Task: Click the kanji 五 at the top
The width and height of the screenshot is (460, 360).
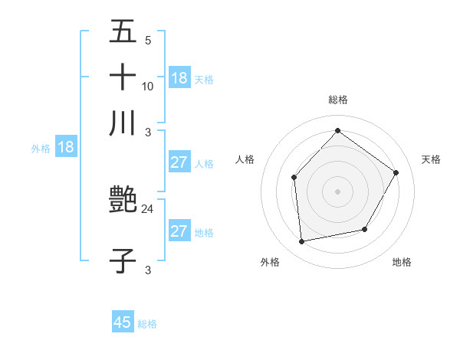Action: (x=123, y=33)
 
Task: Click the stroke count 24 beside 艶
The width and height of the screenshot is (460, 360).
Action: (x=148, y=208)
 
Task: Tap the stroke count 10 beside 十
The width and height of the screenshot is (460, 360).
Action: (x=148, y=86)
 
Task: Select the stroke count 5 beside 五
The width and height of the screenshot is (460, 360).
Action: (x=148, y=41)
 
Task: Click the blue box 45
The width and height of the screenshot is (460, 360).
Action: (x=123, y=322)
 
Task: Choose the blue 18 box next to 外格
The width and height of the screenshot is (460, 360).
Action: (x=66, y=147)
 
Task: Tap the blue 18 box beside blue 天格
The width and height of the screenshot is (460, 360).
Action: (x=179, y=78)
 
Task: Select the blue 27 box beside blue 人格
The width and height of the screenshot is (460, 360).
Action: (x=179, y=162)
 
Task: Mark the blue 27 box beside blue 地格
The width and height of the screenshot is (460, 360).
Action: (x=179, y=231)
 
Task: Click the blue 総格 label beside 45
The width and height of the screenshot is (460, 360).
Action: (x=147, y=324)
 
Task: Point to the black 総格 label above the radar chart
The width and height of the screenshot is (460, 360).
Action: (x=337, y=100)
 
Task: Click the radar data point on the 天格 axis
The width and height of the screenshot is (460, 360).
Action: (x=396, y=172)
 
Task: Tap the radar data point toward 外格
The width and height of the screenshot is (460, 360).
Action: (x=302, y=242)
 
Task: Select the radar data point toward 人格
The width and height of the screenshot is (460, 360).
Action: (x=294, y=178)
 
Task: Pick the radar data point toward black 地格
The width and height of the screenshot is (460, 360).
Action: (x=365, y=229)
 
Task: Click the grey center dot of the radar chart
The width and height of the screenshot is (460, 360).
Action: (x=337, y=191)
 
